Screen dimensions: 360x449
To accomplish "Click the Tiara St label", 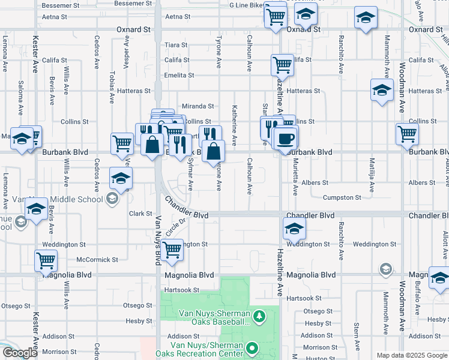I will click(x=176, y=45).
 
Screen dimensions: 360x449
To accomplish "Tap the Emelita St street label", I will click(x=179, y=75).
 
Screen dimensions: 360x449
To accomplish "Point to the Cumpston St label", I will click(x=342, y=197).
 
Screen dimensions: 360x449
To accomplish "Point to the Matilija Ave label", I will click(x=372, y=178).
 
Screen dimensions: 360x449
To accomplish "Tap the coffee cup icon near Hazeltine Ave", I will click(x=286, y=137).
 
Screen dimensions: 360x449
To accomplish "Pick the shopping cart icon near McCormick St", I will click(x=46, y=260).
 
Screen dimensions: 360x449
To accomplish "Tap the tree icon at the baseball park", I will click(x=259, y=315).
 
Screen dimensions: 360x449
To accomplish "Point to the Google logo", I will click(x=20, y=353).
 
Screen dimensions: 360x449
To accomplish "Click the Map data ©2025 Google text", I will click(x=412, y=355).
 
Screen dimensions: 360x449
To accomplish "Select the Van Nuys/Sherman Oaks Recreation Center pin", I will click(x=253, y=347).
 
